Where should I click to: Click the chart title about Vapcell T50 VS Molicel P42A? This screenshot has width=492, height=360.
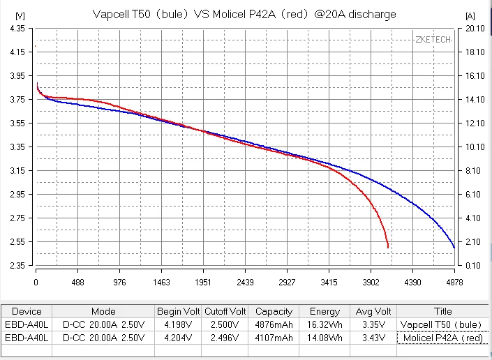244,14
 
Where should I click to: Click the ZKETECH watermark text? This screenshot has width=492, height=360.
432,40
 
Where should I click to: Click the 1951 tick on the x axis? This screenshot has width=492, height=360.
203,283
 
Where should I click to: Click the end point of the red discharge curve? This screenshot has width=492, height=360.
388,247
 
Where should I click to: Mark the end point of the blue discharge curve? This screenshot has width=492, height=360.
454,248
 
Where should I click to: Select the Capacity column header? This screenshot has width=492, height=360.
274,311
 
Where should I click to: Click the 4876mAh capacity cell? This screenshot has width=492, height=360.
274,324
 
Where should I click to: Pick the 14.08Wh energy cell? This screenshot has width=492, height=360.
325,338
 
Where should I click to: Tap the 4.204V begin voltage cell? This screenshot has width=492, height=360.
178,338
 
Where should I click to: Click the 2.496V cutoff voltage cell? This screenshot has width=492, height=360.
225,338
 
